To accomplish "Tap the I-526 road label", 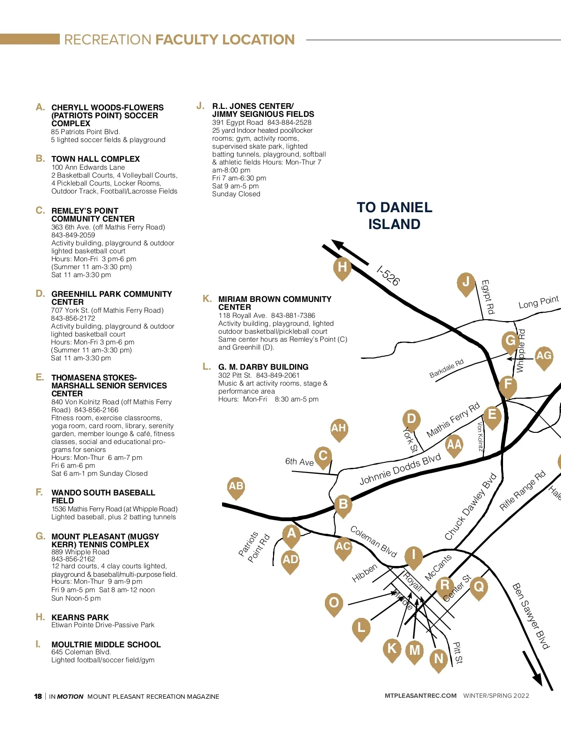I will click(388, 276).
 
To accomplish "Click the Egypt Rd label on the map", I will click(488, 297).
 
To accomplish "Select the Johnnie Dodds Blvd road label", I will click(400, 469).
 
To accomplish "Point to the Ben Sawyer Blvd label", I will click(530, 616).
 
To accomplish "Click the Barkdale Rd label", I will click(446, 368).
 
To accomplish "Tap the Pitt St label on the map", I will click(458, 652).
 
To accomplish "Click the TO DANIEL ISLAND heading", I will click(394, 215).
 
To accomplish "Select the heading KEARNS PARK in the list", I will click(80, 617).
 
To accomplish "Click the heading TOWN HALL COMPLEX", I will click(95, 159).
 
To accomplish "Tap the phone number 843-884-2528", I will click(289, 122).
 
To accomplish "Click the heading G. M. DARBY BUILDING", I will click(263, 367).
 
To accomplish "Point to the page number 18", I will click(38, 696).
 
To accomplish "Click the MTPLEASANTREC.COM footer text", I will click(420, 695).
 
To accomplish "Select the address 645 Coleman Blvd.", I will click(81, 652).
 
